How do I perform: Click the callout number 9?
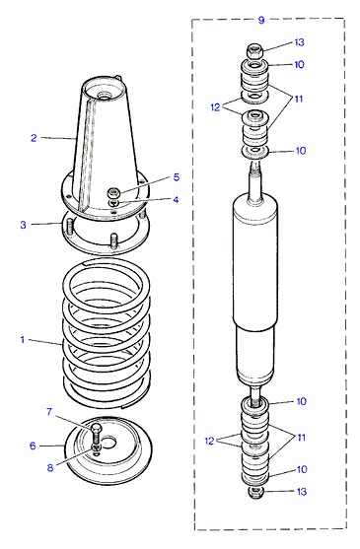click(x=261, y=20)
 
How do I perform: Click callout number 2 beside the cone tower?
click(x=34, y=138)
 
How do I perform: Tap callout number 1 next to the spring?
click(x=23, y=339)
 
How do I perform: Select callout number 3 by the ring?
click(x=23, y=225)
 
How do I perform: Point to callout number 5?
click(x=177, y=177)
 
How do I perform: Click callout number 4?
click(x=176, y=199)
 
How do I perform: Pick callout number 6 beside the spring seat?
click(x=33, y=446)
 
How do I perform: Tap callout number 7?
click(x=49, y=412)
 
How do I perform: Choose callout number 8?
click(x=50, y=467)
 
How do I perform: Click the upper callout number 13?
click(x=299, y=42)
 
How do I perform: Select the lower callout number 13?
click(x=302, y=491)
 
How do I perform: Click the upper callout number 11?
click(x=299, y=99)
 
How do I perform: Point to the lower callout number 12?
click(x=209, y=441)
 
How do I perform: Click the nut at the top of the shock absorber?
click(x=255, y=51)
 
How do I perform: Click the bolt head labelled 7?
click(x=96, y=428)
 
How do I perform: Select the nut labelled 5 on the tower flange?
click(x=113, y=192)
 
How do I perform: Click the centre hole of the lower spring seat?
click(x=108, y=443)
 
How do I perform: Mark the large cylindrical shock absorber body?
click(x=255, y=291)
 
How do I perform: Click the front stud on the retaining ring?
click(x=114, y=241)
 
